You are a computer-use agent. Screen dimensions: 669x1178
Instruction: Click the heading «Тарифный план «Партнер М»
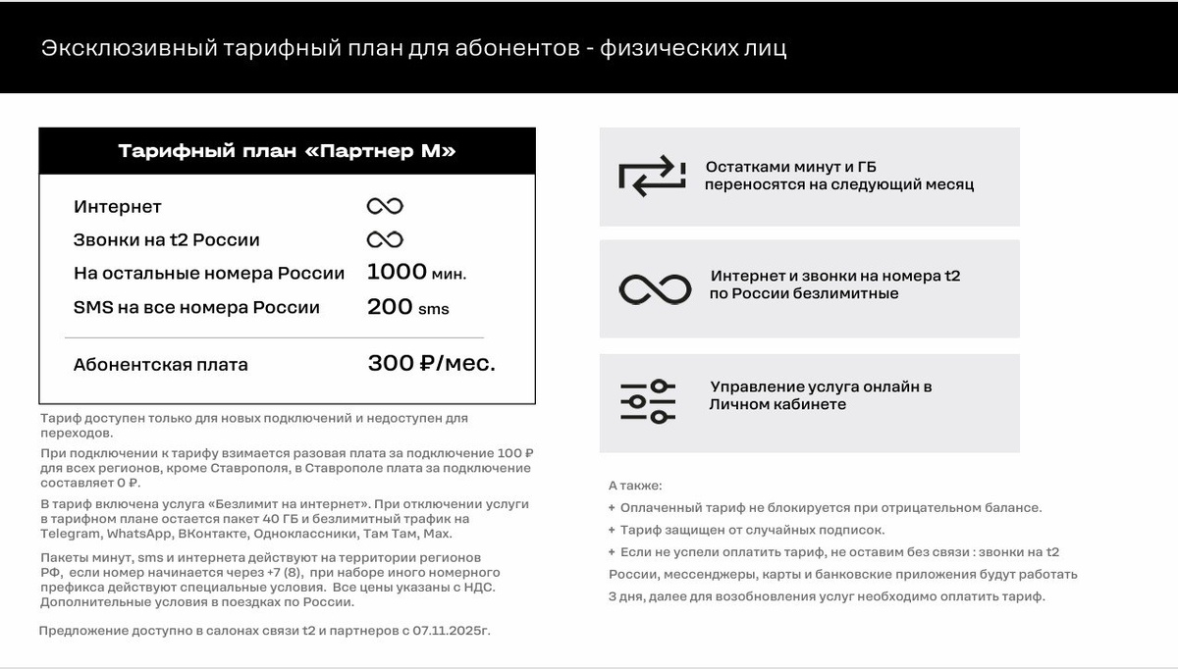pos(287,151)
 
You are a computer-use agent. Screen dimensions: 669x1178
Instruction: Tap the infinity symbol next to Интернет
pos(385,206)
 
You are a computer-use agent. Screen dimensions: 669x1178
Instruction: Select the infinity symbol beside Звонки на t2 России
pos(385,239)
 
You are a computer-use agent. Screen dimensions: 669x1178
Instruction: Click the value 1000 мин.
pos(416,273)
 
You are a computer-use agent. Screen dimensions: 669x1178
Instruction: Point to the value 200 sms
pos(407,307)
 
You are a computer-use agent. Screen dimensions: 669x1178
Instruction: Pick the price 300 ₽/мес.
pos(431,364)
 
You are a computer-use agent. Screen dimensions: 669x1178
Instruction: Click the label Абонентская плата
pos(161,365)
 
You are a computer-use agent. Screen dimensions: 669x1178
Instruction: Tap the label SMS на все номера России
pos(196,307)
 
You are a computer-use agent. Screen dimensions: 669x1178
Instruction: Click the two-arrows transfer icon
pos(651,177)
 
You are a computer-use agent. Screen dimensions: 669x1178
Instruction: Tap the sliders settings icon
pos(648,401)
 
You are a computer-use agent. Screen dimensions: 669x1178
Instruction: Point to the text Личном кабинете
pos(778,404)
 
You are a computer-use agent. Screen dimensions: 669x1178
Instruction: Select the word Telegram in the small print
pos(70,533)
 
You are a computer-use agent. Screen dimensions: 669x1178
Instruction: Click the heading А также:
pos(635,485)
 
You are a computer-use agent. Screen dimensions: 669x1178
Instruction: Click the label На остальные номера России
pos(209,273)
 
